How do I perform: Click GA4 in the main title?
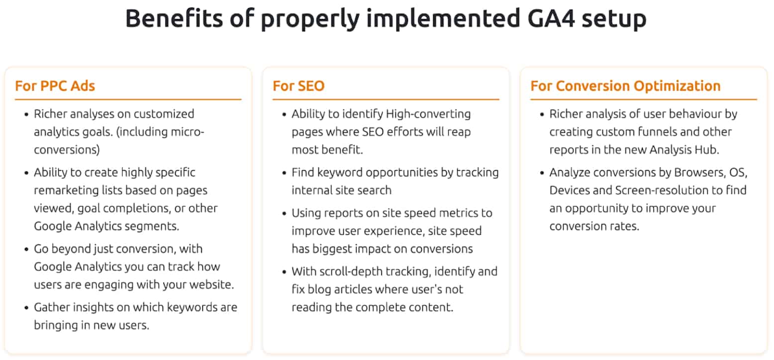tap(551, 18)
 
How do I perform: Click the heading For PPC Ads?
tap(55, 86)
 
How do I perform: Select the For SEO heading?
tap(298, 86)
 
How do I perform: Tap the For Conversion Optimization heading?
tap(625, 86)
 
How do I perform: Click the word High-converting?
tap(428, 114)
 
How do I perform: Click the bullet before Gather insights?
tap(26, 308)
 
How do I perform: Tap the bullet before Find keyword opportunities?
tap(284, 173)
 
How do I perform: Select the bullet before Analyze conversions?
tap(542, 173)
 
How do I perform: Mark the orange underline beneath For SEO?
tap(386, 99)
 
